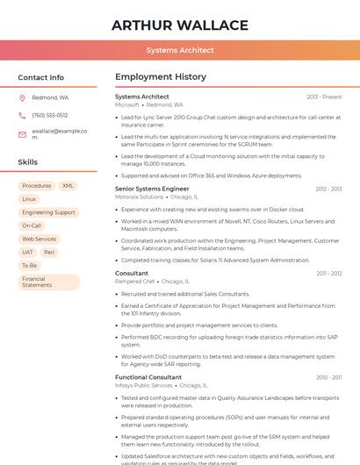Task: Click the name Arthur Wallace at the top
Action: pyautogui.click(x=179, y=25)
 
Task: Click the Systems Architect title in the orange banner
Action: pyautogui.click(x=179, y=50)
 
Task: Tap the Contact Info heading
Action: pyautogui.click(x=40, y=77)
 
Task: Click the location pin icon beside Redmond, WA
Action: pyautogui.click(x=22, y=98)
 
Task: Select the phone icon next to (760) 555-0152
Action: pyautogui.click(x=22, y=115)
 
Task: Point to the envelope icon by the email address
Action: pyautogui.click(x=22, y=132)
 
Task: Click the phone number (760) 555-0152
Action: pyautogui.click(x=49, y=115)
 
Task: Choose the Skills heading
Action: pyautogui.click(x=27, y=162)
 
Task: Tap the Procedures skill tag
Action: pyautogui.click(x=36, y=186)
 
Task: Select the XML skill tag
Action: pyautogui.click(x=68, y=186)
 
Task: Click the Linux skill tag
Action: pyautogui.click(x=29, y=199)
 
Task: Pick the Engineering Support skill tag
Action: pyautogui.click(x=48, y=212)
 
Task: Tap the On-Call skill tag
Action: pyautogui.click(x=32, y=225)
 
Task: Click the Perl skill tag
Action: pyautogui.click(x=49, y=252)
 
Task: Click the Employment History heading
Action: pyautogui.click(x=160, y=77)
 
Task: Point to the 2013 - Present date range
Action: pyautogui.click(x=324, y=97)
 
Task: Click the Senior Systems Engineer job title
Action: pyautogui.click(x=152, y=189)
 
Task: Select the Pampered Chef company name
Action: pyautogui.click(x=135, y=281)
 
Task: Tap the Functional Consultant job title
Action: pyautogui.click(x=148, y=377)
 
